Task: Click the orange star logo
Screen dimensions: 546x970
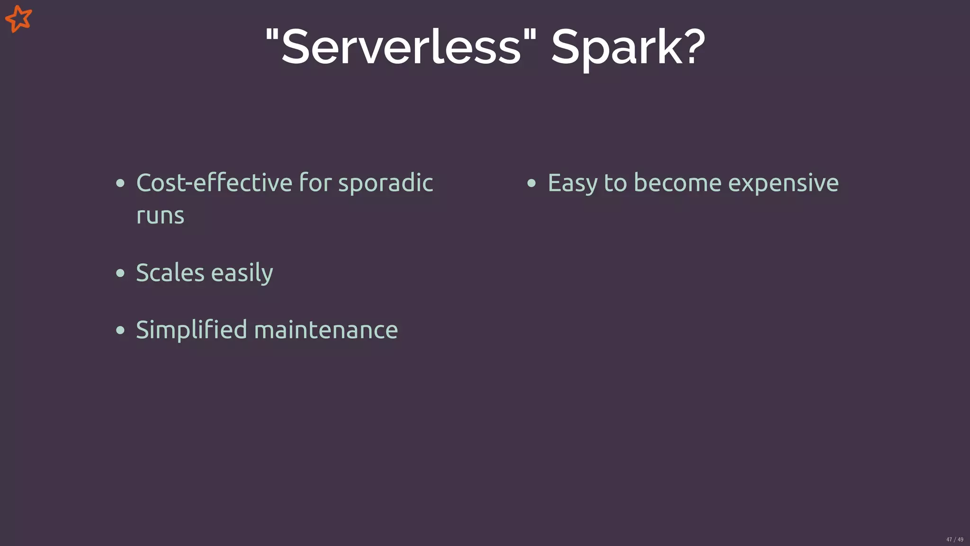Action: pos(18,19)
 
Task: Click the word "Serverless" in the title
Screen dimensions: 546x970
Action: pos(401,46)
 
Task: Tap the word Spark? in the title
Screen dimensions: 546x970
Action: pos(628,47)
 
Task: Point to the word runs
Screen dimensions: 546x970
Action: pos(160,216)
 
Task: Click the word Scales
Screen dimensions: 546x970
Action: pos(170,273)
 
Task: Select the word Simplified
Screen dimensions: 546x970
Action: pos(191,330)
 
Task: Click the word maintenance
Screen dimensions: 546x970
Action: pos(326,330)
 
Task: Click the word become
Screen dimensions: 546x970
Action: pos(677,183)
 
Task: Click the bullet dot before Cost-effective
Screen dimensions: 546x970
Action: pos(120,183)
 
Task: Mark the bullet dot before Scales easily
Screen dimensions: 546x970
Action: pos(120,273)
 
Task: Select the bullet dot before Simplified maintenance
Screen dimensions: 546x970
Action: pos(120,330)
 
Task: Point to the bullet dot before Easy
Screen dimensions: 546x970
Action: pos(531,183)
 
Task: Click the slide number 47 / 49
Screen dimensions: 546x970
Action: pos(954,539)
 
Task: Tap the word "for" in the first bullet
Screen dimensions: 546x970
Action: pos(315,183)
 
